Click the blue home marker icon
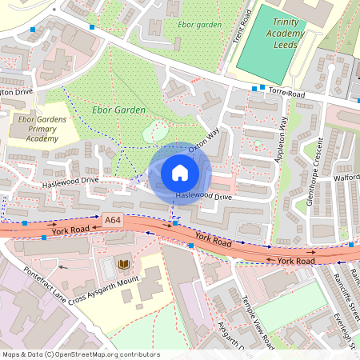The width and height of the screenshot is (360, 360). tap(180, 173)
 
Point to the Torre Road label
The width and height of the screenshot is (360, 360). tap(286, 93)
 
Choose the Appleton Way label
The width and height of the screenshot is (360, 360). tap(282, 140)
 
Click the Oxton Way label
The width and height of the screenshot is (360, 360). tap(203, 144)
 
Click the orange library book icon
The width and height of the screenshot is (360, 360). tap(123, 264)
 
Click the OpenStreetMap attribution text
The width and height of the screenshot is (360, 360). tap(80, 354)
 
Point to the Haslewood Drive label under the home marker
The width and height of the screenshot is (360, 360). tap(203, 196)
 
